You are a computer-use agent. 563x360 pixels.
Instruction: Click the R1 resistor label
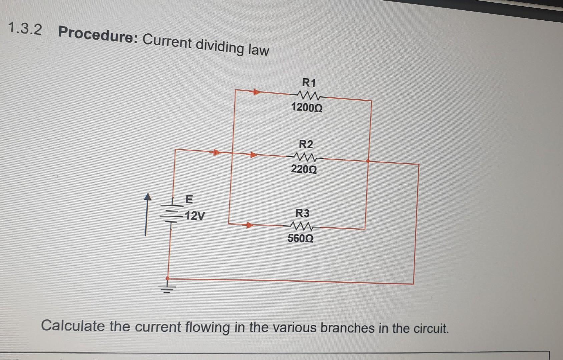coord(309,82)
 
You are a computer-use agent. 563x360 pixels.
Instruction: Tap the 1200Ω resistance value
coord(307,108)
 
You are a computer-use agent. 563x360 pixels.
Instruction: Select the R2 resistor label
coord(306,144)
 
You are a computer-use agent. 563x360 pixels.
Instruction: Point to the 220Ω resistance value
coord(304,169)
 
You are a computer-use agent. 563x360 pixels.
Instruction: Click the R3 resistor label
coord(302,213)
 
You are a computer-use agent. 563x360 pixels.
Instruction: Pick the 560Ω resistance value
coord(300,239)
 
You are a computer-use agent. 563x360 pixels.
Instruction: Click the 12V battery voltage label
coord(195,216)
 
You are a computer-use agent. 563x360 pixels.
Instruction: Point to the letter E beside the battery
coord(189,200)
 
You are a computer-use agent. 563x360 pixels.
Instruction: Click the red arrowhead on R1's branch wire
coord(255,92)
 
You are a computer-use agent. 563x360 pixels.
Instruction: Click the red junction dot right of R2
coord(368,161)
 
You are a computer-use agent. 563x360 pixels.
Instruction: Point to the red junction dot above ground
coord(167,278)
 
